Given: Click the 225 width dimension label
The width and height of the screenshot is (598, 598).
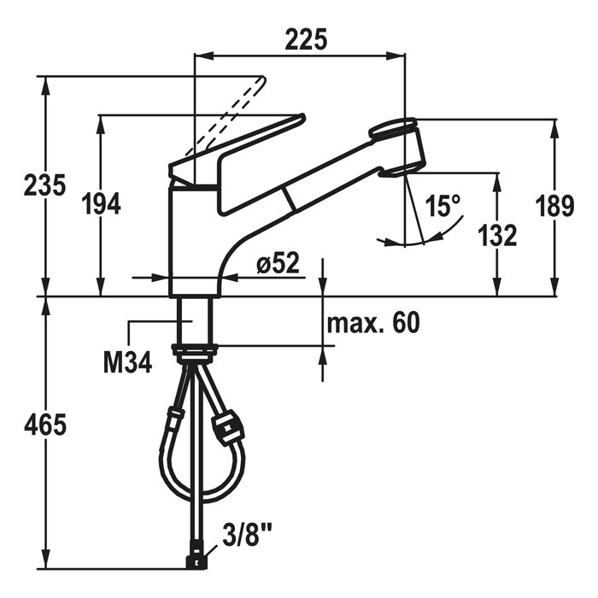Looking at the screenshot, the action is coord(306,39).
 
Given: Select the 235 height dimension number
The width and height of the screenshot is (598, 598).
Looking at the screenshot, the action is coord(44,185).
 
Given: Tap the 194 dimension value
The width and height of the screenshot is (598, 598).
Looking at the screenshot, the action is coord(102,204).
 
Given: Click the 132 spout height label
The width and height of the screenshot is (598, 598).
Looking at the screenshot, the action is coord(497,235).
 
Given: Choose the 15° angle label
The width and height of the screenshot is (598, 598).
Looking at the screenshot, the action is coord(443,206).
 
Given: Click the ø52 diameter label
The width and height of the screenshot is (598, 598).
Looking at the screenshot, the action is coord(278,263).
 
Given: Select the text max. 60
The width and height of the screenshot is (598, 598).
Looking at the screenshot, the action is coord(373,323).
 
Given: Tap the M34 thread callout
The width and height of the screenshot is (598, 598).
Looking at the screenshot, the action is coord(128,362).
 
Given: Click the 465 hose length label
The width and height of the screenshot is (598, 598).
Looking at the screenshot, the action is coord(45,425).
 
